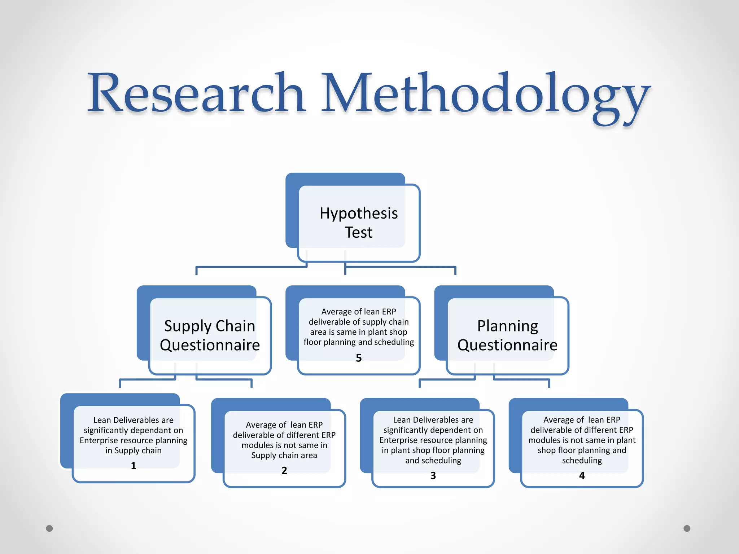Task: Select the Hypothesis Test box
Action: [359, 223]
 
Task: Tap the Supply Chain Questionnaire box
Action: [210, 335]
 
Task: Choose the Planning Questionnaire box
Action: [507, 335]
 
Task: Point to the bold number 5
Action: [359, 358]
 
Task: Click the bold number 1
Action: [134, 466]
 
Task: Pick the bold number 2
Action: [284, 470]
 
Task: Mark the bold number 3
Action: [433, 475]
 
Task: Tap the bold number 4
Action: [582, 475]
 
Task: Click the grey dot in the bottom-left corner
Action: [49, 528]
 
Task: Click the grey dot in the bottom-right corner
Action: [687, 528]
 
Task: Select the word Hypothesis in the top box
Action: [359, 214]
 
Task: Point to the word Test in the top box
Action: [359, 233]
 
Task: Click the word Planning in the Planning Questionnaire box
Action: [507, 326]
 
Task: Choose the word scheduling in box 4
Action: [582, 461]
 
